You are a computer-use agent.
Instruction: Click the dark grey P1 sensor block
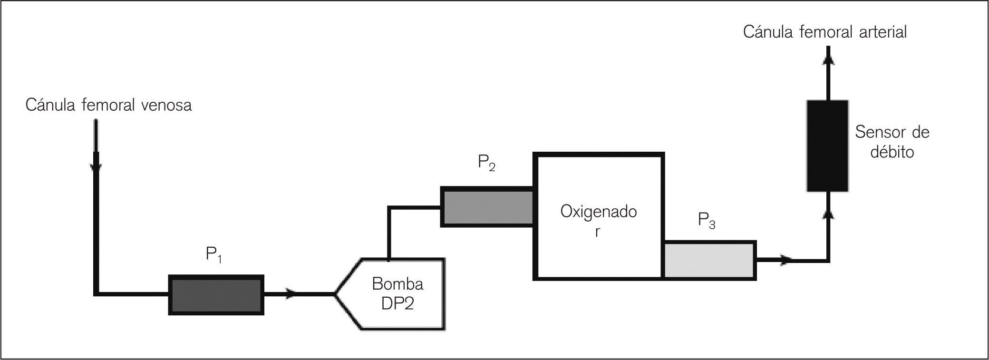pyautogui.click(x=216, y=294)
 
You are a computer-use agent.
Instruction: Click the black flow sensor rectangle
pyautogui.click(x=827, y=146)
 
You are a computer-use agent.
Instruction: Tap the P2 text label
pyautogui.click(x=486, y=164)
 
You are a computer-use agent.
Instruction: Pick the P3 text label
pyautogui.click(x=706, y=220)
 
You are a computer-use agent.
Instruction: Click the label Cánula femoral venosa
pyautogui.click(x=108, y=105)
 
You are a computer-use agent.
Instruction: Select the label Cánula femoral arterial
pyautogui.click(x=825, y=32)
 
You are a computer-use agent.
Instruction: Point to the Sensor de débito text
pyautogui.click(x=892, y=142)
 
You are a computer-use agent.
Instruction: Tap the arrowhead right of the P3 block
pyautogui.click(x=787, y=260)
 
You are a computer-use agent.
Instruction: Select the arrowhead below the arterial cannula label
pyautogui.click(x=828, y=58)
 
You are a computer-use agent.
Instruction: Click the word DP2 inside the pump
pyautogui.click(x=397, y=303)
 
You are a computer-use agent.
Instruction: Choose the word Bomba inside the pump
pyautogui.click(x=397, y=284)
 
